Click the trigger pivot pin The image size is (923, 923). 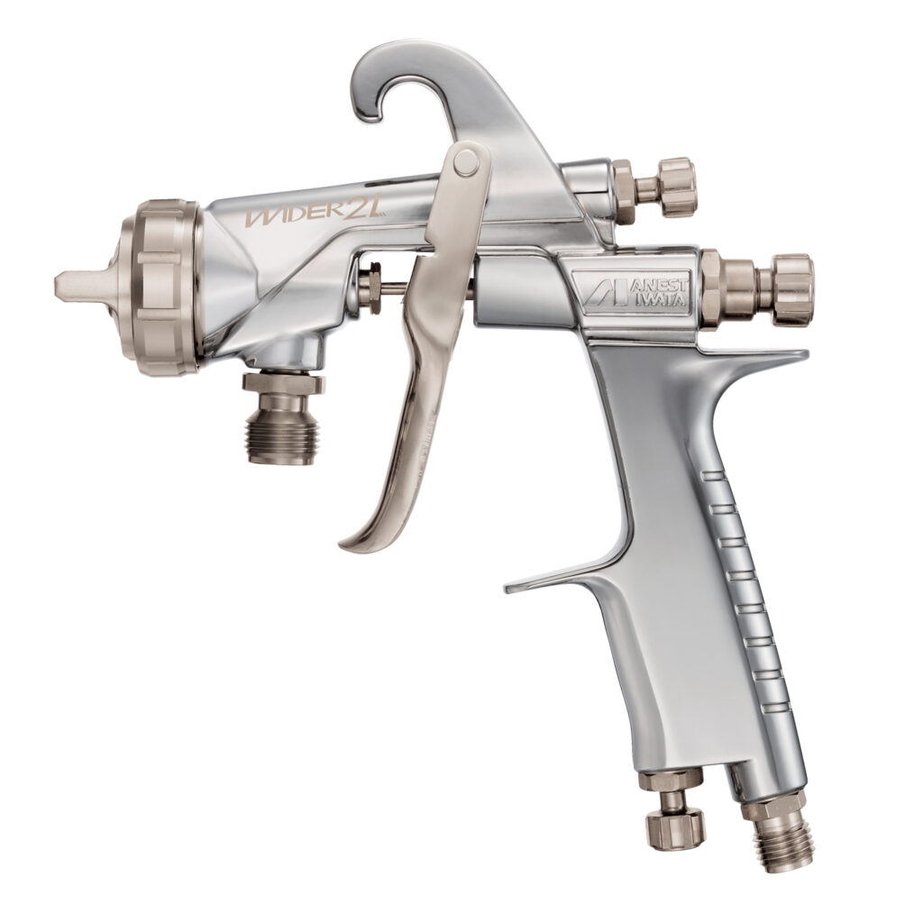pos(466,163)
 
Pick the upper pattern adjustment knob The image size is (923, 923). pos(677,187)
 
